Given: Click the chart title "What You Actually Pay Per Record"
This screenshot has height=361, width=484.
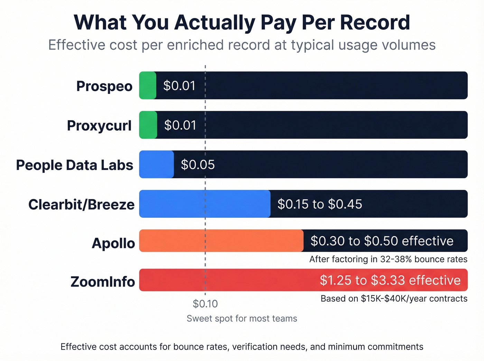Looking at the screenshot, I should (242, 22).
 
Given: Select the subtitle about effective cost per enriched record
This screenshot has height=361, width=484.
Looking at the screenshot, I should (242, 45).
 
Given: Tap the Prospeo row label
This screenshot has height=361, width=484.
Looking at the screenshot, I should (104, 86).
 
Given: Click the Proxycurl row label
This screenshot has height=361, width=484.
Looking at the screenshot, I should (99, 125).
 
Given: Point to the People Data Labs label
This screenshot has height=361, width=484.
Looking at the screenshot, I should (74, 165).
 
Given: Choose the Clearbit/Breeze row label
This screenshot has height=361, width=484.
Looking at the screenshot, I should (81, 205).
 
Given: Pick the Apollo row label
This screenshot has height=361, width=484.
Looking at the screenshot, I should (113, 243).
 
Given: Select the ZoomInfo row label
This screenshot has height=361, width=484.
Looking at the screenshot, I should (103, 282).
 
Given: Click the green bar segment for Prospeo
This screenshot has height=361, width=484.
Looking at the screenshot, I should (148, 85).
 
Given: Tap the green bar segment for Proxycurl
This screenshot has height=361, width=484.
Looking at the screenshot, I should (148, 125).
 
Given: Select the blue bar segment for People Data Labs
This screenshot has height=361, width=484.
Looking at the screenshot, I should (156, 164).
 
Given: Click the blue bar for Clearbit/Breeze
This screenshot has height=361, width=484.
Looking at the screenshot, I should (205, 204).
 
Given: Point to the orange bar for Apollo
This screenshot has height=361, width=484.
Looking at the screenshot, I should (221, 241).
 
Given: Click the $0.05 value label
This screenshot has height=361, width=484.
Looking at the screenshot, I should (198, 165).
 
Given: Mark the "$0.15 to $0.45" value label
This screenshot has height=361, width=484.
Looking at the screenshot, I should (320, 204).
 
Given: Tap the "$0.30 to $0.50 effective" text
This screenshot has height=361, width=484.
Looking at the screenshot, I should (382, 241).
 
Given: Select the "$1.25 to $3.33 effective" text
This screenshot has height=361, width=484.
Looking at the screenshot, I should (390, 280).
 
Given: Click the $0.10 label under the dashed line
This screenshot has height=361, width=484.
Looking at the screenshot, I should (205, 304).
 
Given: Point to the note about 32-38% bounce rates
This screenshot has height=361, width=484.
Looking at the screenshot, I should (388, 259).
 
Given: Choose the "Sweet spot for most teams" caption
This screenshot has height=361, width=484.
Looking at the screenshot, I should (242, 319).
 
